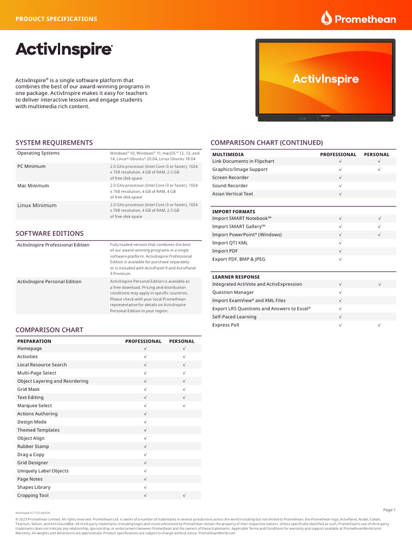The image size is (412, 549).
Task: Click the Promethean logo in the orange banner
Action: point(358,19)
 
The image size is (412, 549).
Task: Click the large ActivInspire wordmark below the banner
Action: point(64,50)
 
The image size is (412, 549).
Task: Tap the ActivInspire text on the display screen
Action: point(326,79)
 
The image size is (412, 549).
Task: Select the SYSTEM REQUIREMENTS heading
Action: point(54,143)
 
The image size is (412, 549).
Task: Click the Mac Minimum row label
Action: point(33,186)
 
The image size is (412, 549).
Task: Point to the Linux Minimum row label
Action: point(36,205)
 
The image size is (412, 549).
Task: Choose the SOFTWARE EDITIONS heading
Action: point(49,234)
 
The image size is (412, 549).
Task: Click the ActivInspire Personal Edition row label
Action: point(49,281)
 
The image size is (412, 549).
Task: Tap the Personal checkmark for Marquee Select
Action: point(184,406)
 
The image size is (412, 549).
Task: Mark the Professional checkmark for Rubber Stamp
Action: point(145,447)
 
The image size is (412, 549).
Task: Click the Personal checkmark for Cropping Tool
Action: point(184,495)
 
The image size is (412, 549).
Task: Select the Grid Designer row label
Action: point(33,463)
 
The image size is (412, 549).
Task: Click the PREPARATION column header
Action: point(34,341)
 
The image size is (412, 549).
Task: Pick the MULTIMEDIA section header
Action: point(228,154)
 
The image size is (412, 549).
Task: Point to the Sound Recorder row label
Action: point(230,186)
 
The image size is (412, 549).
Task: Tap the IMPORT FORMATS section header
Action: point(234,212)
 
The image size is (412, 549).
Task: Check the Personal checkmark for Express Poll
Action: point(379,325)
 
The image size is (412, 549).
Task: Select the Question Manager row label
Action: point(233,292)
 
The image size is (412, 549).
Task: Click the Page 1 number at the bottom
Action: point(389,510)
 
